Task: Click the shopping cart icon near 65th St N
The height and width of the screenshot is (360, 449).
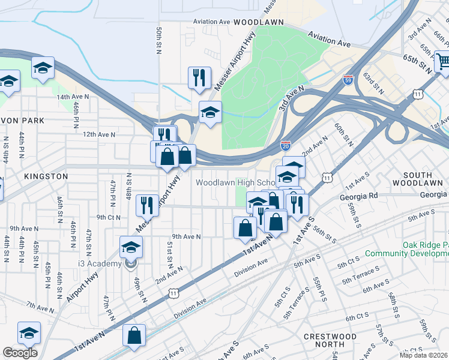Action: (441, 61)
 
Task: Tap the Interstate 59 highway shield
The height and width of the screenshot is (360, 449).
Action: (348, 80)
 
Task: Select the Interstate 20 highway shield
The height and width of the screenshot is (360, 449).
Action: (286, 145)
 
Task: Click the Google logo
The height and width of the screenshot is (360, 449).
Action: (20, 353)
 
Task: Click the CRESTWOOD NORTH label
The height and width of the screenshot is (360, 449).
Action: (330, 341)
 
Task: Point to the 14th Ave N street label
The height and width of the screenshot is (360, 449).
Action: (73, 97)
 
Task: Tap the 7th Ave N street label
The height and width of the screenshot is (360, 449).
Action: (40, 308)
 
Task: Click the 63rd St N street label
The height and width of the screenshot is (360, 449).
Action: (377, 85)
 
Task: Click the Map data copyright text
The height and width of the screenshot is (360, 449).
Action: (424, 355)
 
